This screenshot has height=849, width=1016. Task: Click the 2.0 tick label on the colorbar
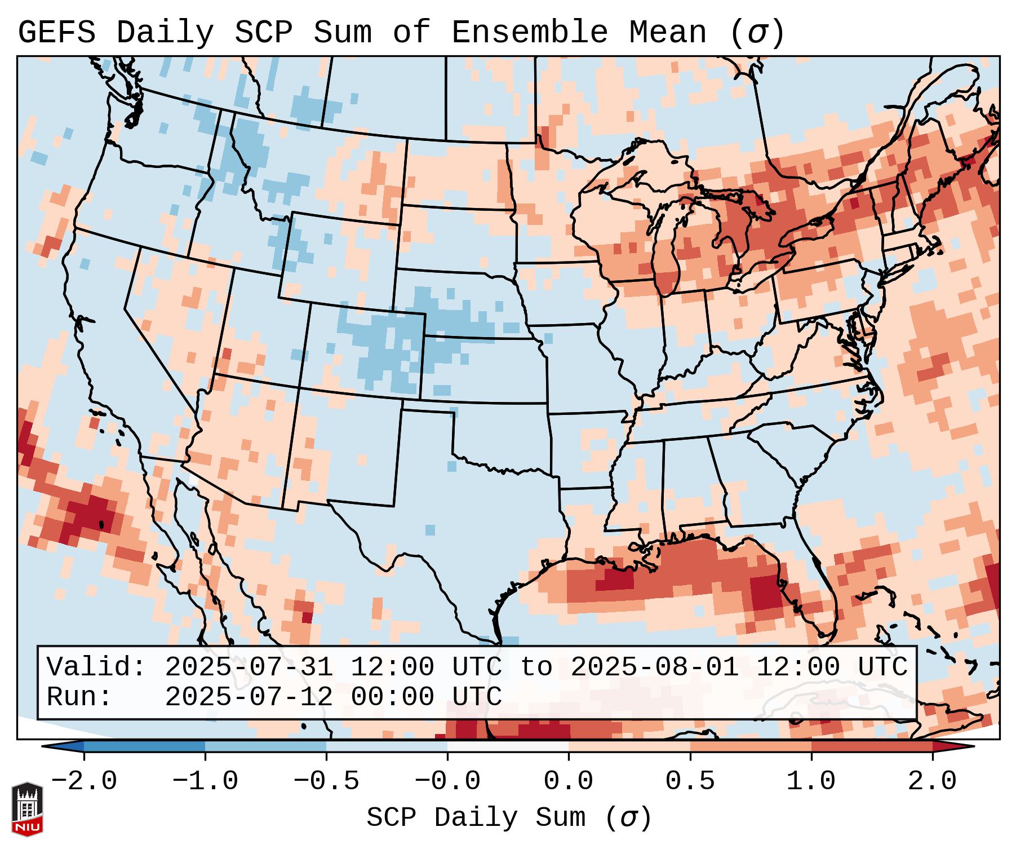point(932,781)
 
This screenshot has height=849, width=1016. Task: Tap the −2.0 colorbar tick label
point(84,781)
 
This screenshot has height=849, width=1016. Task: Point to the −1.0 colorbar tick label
point(205,781)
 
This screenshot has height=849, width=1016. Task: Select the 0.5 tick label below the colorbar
point(690,781)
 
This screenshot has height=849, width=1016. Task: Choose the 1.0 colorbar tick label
point(811,781)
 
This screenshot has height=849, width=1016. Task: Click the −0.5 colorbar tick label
point(326,781)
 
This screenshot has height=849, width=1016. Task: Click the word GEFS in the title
point(56,33)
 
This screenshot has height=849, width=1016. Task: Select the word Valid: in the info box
point(96,667)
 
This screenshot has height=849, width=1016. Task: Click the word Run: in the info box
point(79,697)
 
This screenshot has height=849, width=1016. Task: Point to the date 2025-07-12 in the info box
point(249,697)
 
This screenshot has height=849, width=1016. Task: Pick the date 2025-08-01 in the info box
point(654,667)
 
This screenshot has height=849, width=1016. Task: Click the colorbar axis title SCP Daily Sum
point(476,817)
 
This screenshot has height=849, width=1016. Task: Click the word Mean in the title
point(668,33)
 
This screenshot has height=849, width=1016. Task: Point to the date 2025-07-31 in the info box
point(249,667)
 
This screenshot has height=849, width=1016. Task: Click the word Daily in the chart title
point(165,33)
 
